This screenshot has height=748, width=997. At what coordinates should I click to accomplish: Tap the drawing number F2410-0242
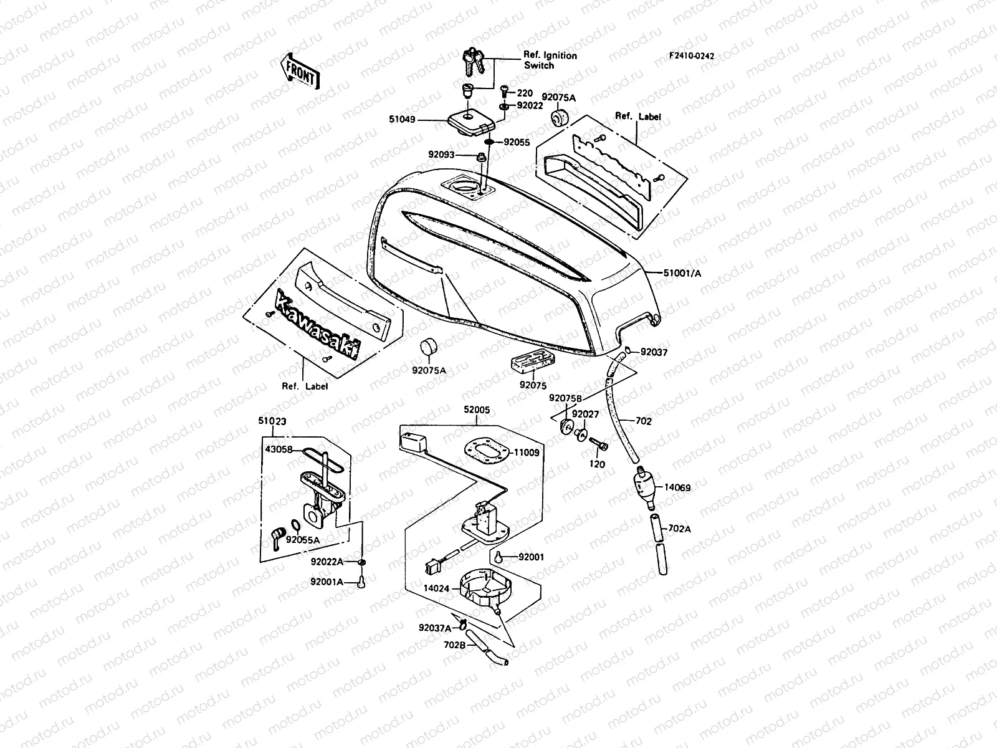(x=692, y=56)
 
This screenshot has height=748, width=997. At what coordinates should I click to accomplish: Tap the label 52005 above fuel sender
(x=476, y=410)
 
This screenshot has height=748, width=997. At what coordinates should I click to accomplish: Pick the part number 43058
(x=279, y=449)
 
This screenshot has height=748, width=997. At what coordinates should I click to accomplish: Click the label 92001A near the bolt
(x=327, y=582)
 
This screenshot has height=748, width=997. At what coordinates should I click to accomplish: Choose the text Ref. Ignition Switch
(x=550, y=60)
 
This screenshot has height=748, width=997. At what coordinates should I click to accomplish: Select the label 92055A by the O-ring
(x=303, y=540)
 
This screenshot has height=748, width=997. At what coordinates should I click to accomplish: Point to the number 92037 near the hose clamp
(x=654, y=352)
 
